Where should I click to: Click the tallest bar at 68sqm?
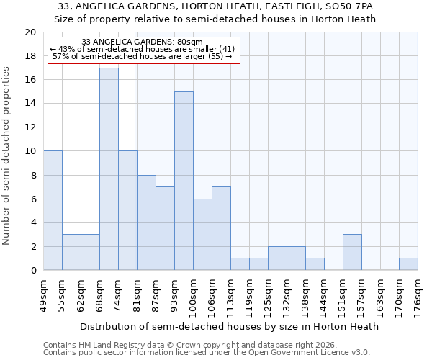click(109, 169)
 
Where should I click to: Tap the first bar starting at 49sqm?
click(53, 211)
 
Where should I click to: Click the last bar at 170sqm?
click(408, 264)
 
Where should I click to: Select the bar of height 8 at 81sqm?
click(146, 222)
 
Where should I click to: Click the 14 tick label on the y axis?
click(30, 104)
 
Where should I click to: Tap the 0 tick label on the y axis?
click(32, 271)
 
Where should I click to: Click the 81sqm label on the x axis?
click(137, 293)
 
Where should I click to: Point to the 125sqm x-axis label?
click(268, 294)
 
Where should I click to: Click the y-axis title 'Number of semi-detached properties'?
click(7, 156)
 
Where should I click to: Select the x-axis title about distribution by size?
click(229, 326)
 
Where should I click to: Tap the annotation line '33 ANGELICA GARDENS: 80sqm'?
click(143, 42)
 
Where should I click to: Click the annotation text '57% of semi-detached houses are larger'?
click(143, 56)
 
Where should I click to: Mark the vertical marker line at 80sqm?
click(135, 166)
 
